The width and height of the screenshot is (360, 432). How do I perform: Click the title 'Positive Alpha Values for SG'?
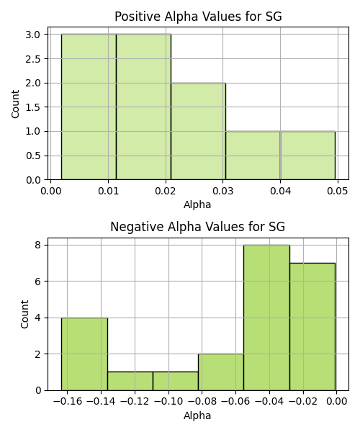point(198,17)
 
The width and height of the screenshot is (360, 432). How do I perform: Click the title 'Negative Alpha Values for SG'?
point(197,227)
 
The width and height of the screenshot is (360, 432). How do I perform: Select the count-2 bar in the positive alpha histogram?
point(198,132)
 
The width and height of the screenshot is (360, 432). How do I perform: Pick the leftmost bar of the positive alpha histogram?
point(89,107)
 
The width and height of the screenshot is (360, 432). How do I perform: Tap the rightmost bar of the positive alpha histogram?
point(307,156)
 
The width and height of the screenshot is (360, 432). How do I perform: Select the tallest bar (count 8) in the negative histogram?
point(266,318)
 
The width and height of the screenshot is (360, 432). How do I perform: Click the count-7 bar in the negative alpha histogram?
point(312,327)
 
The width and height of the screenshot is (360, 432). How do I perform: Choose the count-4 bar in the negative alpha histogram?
point(84,354)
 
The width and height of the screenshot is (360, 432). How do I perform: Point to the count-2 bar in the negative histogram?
point(221,372)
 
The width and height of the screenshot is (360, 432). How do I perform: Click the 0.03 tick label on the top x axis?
point(222,191)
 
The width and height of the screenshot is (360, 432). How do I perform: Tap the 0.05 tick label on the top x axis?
point(338,191)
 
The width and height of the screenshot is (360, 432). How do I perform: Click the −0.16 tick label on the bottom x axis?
point(68,402)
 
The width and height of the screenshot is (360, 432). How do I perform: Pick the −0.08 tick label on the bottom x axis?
point(202,402)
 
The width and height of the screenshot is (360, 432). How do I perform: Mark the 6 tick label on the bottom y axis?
point(37,282)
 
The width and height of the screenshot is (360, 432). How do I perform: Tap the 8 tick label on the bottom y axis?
point(37,245)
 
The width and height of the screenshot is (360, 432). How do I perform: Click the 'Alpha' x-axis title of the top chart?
point(197,204)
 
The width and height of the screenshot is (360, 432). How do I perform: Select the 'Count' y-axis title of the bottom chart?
point(24,314)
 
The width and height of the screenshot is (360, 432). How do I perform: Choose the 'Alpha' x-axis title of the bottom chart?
point(197,415)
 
